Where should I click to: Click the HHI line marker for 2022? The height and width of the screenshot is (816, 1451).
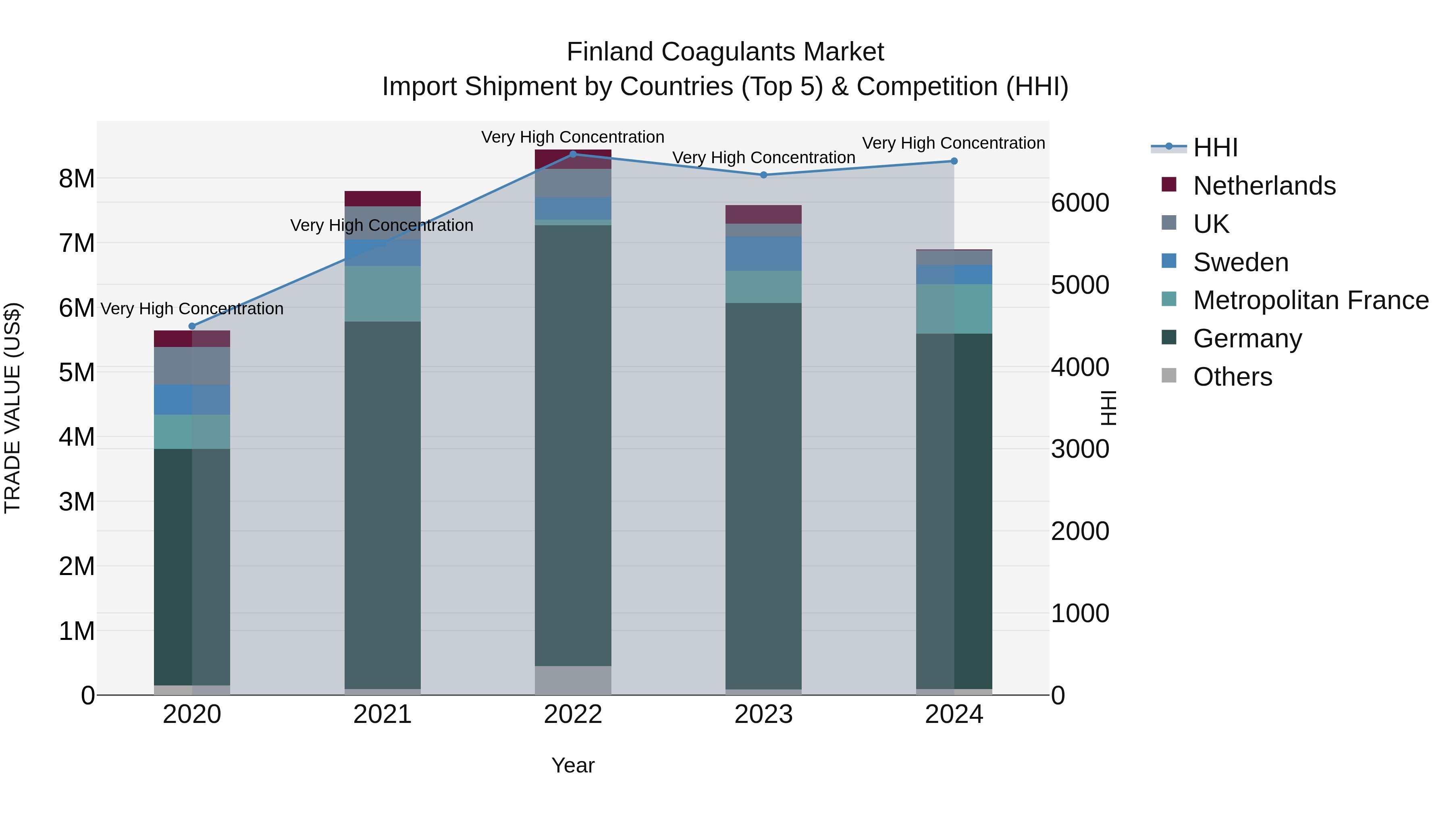pyautogui.click(x=573, y=154)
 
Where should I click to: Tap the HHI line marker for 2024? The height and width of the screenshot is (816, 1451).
pyautogui.click(x=954, y=161)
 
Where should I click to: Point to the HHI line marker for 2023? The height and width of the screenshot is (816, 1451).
pyautogui.click(x=763, y=175)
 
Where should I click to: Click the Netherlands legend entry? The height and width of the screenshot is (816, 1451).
pyautogui.click(x=1264, y=186)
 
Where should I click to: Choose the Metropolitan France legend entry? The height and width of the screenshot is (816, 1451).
pyautogui.click(x=1310, y=300)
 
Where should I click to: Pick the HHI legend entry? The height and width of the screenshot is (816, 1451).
pyautogui.click(x=1214, y=147)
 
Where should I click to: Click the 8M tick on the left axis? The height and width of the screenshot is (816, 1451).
pyautogui.click(x=77, y=179)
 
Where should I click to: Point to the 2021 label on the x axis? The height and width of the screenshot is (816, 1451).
pyautogui.click(x=382, y=714)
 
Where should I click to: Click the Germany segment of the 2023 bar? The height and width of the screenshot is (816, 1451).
pyautogui.click(x=763, y=496)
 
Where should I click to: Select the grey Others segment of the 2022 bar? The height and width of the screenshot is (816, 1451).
pyautogui.click(x=573, y=680)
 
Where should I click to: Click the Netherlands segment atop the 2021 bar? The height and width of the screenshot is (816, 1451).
pyautogui.click(x=382, y=198)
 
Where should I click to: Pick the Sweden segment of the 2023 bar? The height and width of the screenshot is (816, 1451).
pyautogui.click(x=763, y=253)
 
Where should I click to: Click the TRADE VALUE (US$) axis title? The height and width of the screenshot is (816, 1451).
pyautogui.click(x=12, y=408)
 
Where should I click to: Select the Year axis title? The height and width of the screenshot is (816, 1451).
pyautogui.click(x=573, y=765)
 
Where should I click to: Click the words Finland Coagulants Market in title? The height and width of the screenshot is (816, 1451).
pyautogui.click(x=725, y=52)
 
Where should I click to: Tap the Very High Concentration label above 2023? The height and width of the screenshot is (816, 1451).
pyautogui.click(x=763, y=158)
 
